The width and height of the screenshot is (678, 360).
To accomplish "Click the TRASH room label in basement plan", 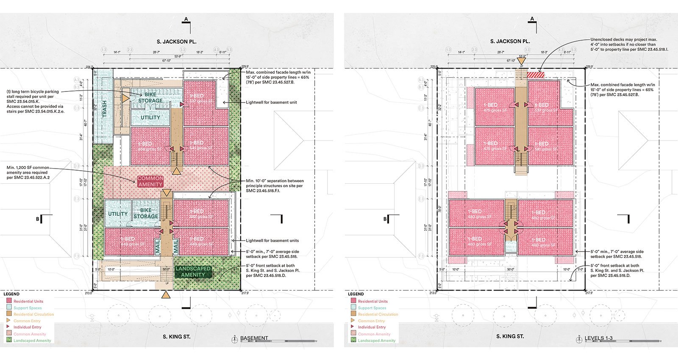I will pos(104,108).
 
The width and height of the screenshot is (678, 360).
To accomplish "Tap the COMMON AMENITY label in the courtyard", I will pos(150,181).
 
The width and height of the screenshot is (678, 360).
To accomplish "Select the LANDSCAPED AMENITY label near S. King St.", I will pos(193,271).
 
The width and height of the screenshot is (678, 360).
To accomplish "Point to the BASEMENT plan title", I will pos(254,338).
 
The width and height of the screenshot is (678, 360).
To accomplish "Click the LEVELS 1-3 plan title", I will pos(598,338).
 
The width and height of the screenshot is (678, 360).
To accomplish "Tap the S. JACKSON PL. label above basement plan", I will pos(177,42).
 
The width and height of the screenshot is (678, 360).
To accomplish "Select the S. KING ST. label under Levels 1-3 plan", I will pos(510,336).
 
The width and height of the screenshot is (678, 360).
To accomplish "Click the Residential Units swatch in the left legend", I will pos(9,301).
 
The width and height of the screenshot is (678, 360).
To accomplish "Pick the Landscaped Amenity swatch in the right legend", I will pos(353,340).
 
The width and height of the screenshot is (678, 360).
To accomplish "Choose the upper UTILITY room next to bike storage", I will pos(150,117).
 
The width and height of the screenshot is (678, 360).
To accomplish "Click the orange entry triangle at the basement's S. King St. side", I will pos(167,295).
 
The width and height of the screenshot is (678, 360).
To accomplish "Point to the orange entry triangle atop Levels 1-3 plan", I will pos(521,61).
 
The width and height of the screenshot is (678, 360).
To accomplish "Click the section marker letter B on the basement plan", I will pos(38,219).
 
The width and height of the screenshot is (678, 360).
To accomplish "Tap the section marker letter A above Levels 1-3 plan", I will pos(532,19).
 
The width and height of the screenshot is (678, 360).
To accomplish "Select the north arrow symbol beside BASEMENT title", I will pos(234,339).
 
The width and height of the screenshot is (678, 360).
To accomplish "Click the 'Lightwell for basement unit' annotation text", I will pos(272,102).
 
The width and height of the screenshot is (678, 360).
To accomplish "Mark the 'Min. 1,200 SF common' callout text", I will pos(28,168).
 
